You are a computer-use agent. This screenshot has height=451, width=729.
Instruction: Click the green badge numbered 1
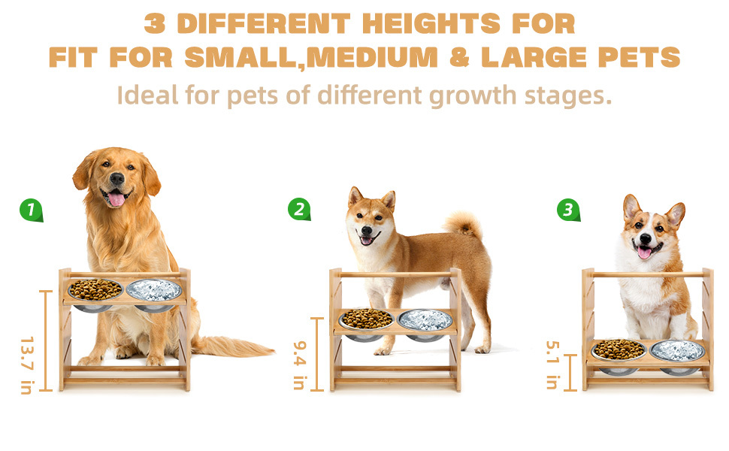(x=31, y=210)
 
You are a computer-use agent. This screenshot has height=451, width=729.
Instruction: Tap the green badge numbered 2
(x=299, y=209)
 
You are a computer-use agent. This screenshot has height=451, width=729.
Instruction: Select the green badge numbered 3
(x=568, y=210)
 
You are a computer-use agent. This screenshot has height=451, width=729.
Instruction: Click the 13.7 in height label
(x=27, y=365)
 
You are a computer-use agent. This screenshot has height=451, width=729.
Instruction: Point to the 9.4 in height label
(x=300, y=365)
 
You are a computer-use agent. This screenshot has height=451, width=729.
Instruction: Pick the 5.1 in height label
(x=552, y=365)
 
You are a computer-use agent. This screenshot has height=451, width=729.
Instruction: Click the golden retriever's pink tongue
(x=116, y=199)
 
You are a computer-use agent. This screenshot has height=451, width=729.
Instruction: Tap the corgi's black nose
(x=646, y=238)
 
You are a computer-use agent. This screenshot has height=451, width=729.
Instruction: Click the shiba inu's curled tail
(x=464, y=225)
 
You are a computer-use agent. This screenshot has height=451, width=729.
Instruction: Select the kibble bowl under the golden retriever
(x=95, y=291)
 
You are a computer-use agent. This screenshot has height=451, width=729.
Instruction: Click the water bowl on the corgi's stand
(x=678, y=351)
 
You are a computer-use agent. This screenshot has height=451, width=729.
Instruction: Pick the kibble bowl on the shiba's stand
(x=367, y=319)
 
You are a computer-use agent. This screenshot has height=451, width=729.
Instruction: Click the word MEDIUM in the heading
(x=372, y=57)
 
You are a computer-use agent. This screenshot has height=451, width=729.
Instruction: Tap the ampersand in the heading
(x=459, y=57)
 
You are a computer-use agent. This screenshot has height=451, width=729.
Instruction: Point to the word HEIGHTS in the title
(x=431, y=24)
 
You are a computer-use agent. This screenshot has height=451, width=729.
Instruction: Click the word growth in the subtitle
(x=473, y=95)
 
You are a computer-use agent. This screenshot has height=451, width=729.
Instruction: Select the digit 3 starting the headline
(x=155, y=24)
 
